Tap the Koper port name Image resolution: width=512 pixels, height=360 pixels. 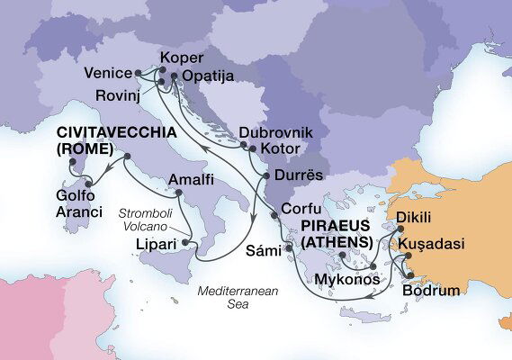[175, 57]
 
